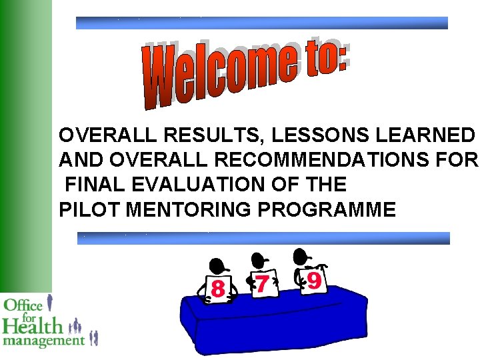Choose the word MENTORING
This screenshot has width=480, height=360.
pos(189,210)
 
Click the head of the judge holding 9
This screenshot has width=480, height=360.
pos(302,255)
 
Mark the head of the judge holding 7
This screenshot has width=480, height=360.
pos(257,259)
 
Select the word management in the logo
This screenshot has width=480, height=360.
pos(44,341)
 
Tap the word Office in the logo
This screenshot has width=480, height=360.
pos(23,306)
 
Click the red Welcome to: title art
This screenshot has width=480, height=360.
pos(247,73)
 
